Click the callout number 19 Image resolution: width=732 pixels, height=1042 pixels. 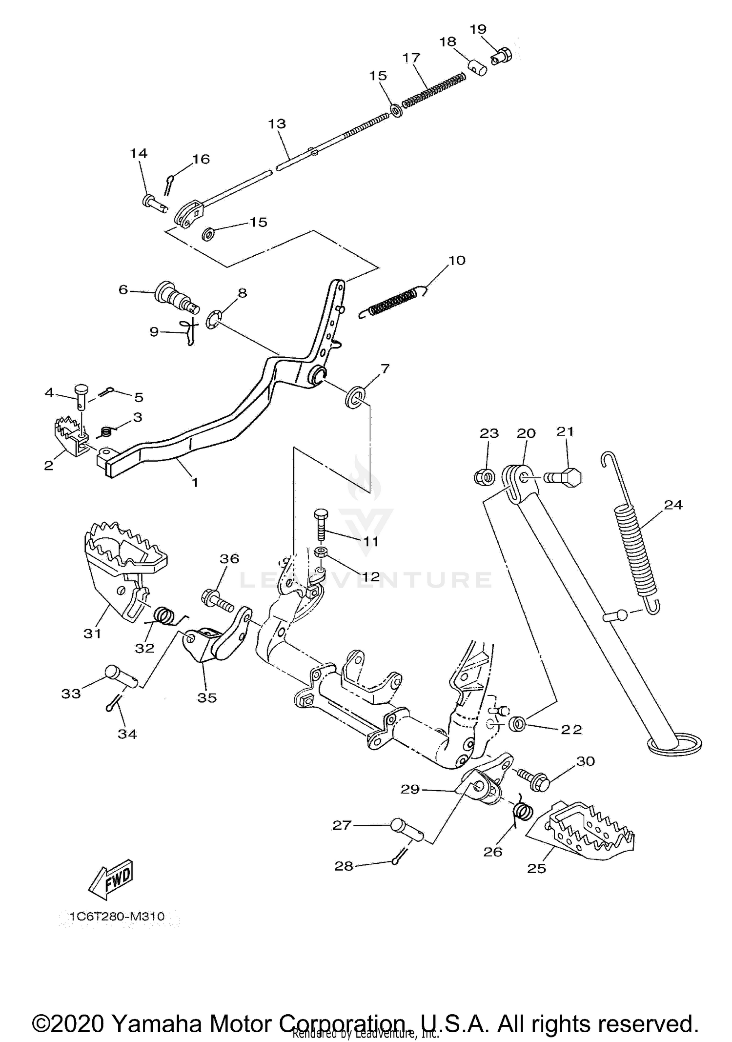pos(478,29)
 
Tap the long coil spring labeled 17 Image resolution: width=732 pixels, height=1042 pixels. pos(433,89)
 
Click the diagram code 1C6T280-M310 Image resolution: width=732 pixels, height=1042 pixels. pos(117,916)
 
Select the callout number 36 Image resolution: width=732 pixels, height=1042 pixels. pos(229,559)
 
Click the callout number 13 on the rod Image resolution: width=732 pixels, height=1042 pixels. pos(277,123)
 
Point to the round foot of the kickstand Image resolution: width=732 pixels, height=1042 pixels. pos(674,744)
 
